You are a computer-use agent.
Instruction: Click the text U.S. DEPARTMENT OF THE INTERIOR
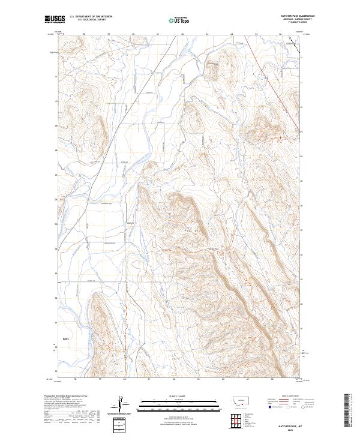click(x=91, y=17)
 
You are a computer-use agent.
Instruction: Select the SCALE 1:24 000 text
click(x=179, y=397)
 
